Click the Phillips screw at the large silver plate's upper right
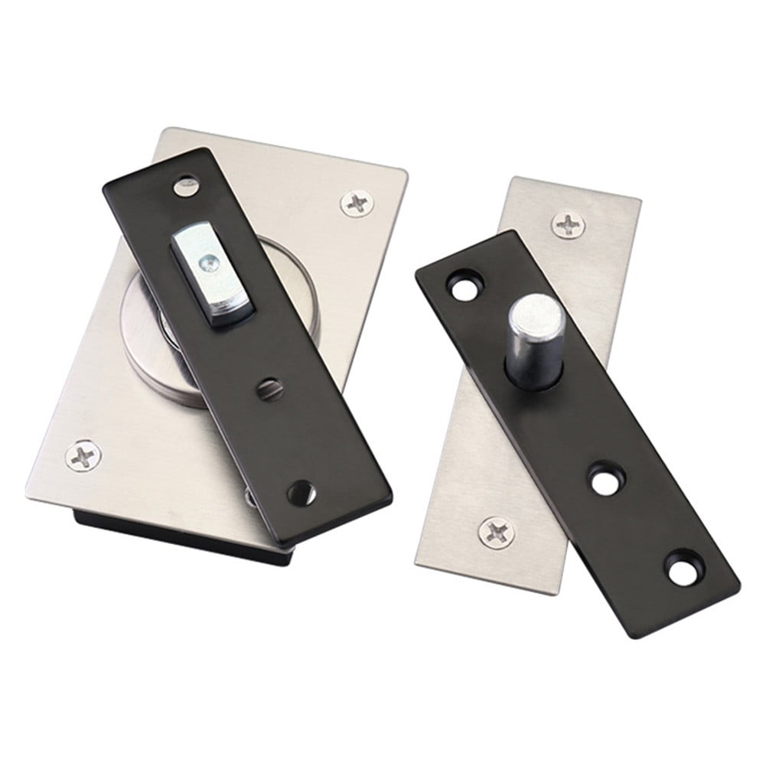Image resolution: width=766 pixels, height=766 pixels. [x=356, y=204]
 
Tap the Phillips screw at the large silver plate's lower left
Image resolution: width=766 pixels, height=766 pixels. [x=83, y=456]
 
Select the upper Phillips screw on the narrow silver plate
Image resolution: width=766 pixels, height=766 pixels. [x=569, y=225]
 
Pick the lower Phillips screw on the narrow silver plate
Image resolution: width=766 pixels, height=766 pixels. [x=496, y=531]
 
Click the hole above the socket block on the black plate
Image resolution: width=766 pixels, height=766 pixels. [x=185, y=184]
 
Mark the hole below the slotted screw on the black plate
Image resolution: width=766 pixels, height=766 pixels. [x=302, y=492]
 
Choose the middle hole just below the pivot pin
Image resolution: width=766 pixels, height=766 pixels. [x=606, y=480]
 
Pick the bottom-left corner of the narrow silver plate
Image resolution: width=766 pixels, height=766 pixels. [x=417, y=567]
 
